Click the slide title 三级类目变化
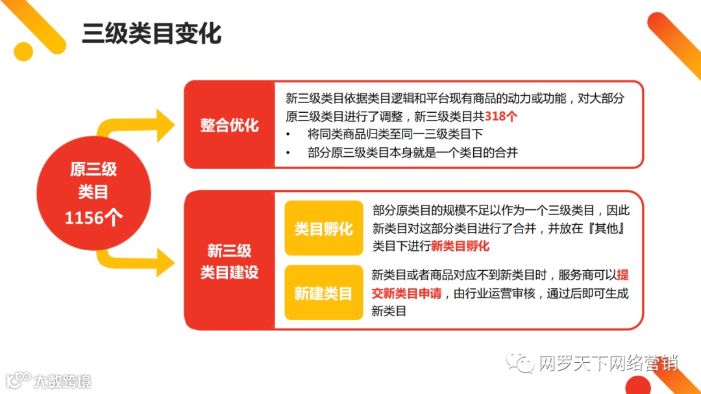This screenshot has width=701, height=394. (x=151, y=34)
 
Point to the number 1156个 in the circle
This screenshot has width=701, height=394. (x=93, y=218)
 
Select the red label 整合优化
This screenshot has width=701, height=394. (x=229, y=125)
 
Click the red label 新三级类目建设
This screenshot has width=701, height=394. (x=229, y=261)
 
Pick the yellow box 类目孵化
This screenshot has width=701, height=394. (x=323, y=229)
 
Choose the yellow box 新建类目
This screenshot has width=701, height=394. (x=323, y=294)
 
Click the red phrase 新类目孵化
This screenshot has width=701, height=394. (x=460, y=246)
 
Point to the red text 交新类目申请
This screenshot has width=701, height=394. (x=406, y=294)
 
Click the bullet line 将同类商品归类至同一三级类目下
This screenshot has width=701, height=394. (x=395, y=135)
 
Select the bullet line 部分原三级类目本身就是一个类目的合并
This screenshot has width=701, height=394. (x=413, y=153)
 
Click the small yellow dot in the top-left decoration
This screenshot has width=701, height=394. (x=23, y=51)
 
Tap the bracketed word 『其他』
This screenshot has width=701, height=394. (x=595, y=229)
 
